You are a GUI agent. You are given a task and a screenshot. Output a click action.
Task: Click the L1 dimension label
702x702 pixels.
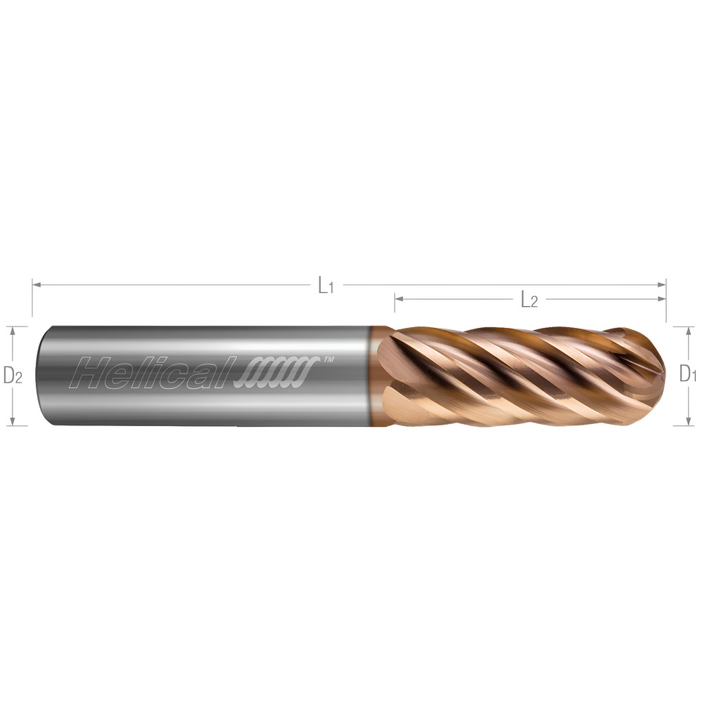click(x=325, y=286)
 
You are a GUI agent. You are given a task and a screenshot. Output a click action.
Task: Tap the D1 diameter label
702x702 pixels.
click(x=687, y=375)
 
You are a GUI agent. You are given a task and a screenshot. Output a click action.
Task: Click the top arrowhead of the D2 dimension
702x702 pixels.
click(x=12, y=331)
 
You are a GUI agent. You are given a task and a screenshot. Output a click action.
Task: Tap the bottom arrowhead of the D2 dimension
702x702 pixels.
click(x=12, y=420)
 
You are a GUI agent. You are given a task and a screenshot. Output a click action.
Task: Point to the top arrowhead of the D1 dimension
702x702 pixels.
click(x=688, y=331)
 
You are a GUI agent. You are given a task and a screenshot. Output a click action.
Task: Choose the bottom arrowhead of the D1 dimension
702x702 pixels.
click(x=688, y=420)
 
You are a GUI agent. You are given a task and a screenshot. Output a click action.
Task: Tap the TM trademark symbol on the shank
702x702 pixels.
click(x=327, y=359)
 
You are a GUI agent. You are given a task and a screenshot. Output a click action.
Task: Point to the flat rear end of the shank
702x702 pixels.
click(x=41, y=376)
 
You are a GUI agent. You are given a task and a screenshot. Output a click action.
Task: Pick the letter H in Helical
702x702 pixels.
click(x=93, y=373)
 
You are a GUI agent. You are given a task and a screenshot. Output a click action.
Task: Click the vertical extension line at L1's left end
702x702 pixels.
click(x=32, y=298)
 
